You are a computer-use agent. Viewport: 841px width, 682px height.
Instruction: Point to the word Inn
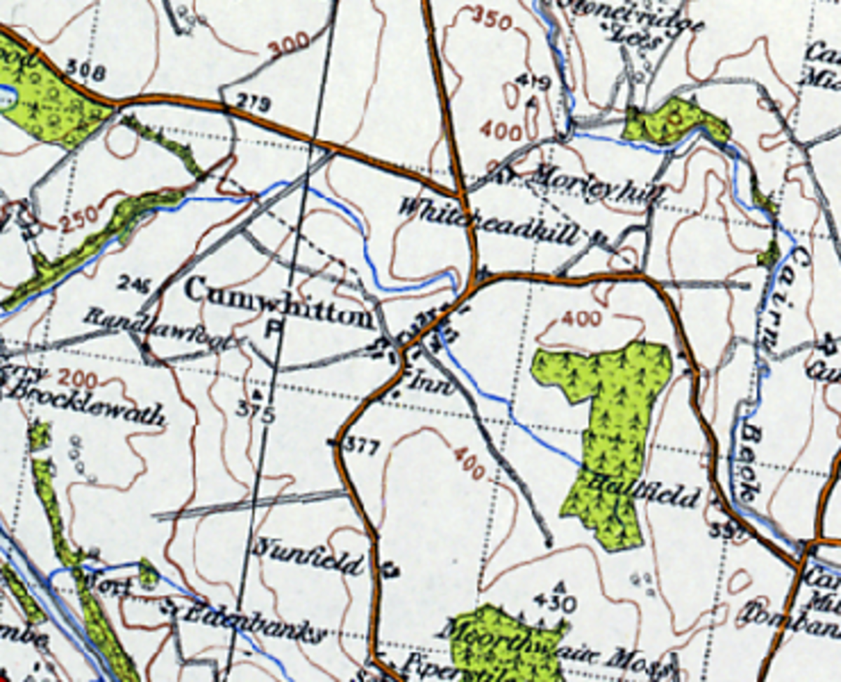pos(423,383)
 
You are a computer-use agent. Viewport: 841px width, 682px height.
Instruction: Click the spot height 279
pos(253,106)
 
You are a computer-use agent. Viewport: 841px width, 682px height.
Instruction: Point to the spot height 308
pos(86,70)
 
